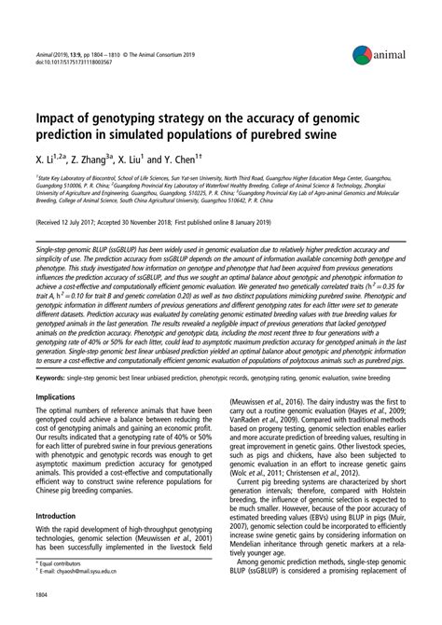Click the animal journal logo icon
coord(362,58)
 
